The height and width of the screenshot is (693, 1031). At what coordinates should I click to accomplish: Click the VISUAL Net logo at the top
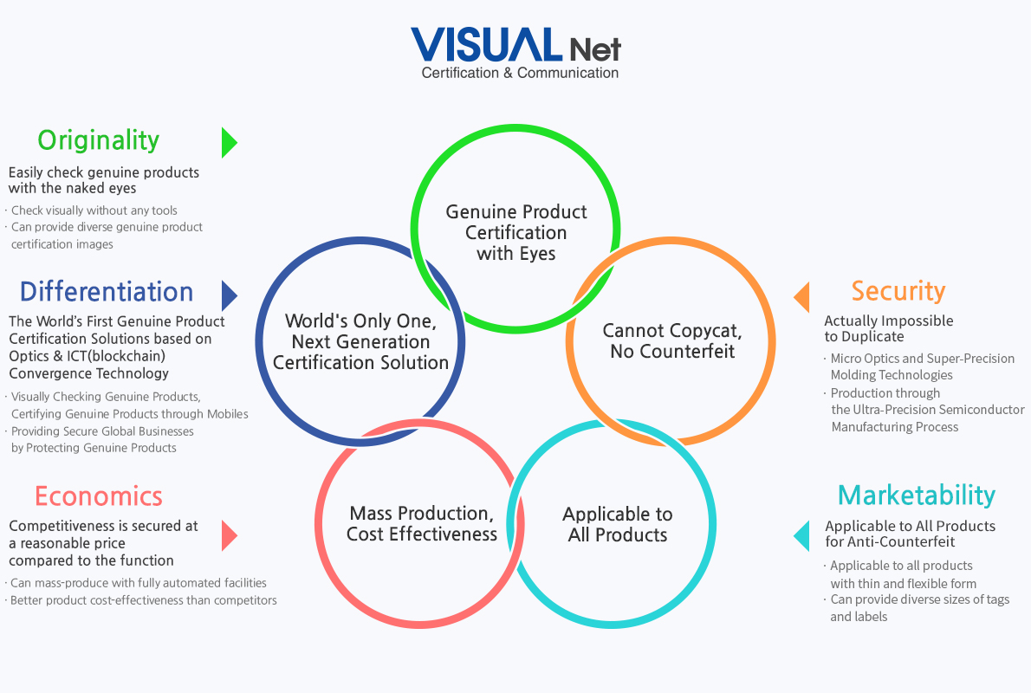click(x=516, y=53)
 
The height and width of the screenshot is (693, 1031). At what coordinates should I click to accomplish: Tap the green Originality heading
click(x=99, y=140)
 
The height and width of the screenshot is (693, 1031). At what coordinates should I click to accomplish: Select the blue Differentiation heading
click(x=107, y=291)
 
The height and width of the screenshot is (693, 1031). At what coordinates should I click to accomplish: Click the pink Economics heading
click(x=99, y=496)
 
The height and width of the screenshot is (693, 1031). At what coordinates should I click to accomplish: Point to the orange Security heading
click(x=898, y=291)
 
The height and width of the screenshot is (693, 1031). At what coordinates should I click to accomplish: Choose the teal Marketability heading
click(x=917, y=495)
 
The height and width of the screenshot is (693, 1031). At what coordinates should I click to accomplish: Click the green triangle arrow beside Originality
click(x=230, y=143)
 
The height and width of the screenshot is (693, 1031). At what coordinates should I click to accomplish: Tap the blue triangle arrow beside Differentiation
click(x=230, y=296)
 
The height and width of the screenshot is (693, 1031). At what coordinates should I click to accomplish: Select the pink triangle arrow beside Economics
click(x=230, y=535)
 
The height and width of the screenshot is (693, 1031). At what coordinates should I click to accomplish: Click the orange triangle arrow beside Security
click(x=801, y=297)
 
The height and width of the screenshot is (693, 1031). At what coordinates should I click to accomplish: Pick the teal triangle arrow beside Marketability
click(x=801, y=536)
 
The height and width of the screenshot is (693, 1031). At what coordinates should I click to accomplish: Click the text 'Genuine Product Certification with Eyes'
click(x=516, y=233)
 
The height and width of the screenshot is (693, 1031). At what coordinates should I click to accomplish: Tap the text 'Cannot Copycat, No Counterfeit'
click(x=672, y=340)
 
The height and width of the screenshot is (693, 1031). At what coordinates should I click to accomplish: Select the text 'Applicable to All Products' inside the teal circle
click(x=618, y=524)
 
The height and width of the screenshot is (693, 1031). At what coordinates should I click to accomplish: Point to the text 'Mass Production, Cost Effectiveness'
click(x=421, y=523)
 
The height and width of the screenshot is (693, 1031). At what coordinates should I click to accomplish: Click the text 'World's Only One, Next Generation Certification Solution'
click(x=360, y=342)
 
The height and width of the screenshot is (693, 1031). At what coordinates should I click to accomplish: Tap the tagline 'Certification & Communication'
click(x=520, y=73)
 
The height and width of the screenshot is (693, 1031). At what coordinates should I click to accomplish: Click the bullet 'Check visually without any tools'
click(x=91, y=210)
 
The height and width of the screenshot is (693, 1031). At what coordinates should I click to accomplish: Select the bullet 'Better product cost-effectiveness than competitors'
click(x=140, y=600)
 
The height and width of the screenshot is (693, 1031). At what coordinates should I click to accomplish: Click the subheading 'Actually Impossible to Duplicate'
click(x=889, y=329)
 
